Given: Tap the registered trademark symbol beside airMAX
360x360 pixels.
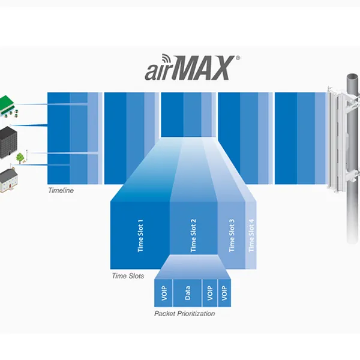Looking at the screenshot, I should pos(238,59).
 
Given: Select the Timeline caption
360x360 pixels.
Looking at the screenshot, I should pos(61,190).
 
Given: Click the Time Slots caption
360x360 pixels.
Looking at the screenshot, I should pos(127,276).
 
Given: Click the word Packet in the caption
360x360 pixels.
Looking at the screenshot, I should pos(165,313).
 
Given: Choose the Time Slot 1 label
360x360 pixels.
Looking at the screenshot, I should pos(141,235).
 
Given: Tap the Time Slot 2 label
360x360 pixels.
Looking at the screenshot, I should pos(193,235).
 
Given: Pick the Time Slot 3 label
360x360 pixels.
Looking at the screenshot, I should pos(232,235).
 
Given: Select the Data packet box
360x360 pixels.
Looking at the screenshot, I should pos(187,293).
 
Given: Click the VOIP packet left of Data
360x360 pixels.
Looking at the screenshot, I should pos(164,293).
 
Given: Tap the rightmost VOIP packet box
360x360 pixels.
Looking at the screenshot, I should pos(224,293).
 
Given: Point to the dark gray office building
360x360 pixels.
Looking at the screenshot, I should pos(7,137).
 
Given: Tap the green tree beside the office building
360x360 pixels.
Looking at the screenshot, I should pos(20,157).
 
